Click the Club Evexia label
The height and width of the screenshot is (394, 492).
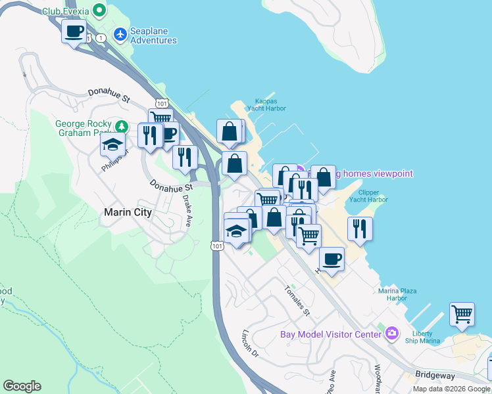pyautogui.click(x=66, y=11)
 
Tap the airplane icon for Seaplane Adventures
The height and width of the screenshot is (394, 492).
pyautogui.click(x=120, y=33)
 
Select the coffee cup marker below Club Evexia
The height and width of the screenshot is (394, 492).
pyautogui.click(x=74, y=30)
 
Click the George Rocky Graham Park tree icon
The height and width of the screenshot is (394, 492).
pyautogui.click(x=120, y=125)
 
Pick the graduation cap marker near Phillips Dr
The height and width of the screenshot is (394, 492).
pyautogui.click(x=113, y=144)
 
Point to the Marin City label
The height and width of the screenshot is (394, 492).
pyautogui.click(x=128, y=212)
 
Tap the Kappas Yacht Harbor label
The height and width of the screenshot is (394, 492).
pyautogui.click(x=266, y=105)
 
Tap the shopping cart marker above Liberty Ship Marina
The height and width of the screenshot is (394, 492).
pyautogui.click(x=462, y=313)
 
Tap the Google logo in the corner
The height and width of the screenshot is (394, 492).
pyautogui.click(x=22, y=386)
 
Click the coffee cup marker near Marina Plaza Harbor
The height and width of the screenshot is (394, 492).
pyautogui.click(x=332, y=258)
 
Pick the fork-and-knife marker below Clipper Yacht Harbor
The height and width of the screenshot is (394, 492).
pyautogui.click(x=360, y=228)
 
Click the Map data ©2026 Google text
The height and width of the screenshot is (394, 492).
pyautogui.click(x=451, y=389)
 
